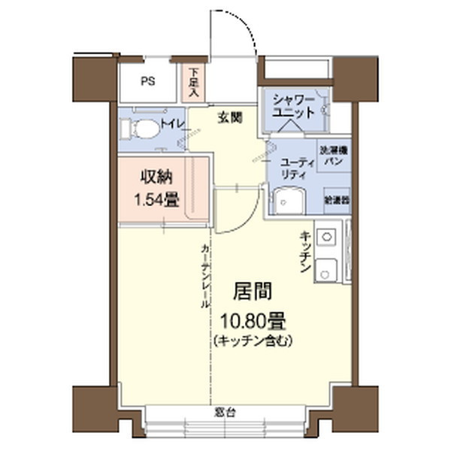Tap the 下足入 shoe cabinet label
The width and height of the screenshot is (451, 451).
point(192,83)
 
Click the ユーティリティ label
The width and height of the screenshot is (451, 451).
point(292,168)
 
